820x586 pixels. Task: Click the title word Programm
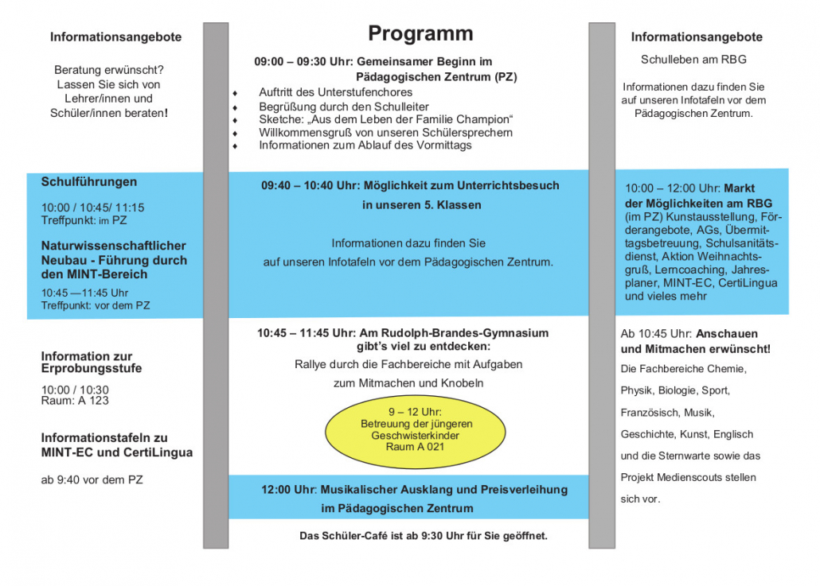[x=420, y=33]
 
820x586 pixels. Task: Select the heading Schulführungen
[x=89, y=182]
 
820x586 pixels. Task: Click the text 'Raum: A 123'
[x=75, y=401]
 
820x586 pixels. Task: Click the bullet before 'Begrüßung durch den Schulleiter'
[x=235, y=107]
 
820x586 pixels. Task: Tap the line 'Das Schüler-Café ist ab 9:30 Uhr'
[x=423, y=536]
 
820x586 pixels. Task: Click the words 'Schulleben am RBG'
[x=693, y=60]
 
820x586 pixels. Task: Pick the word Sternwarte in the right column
[x=701, y=456]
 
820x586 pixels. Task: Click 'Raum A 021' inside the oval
[x=415, y=448]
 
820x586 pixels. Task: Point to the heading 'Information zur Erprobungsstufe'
[x=87, y=363]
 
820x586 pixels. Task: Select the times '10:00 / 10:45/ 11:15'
[x=93, y=208]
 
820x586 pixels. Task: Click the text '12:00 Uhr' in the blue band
[x=288, y=490]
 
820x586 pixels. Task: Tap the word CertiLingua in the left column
[x=158, y=452]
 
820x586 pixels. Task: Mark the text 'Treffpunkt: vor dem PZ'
[x=96, y=305]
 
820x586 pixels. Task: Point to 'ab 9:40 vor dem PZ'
[x=92, y=479]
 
